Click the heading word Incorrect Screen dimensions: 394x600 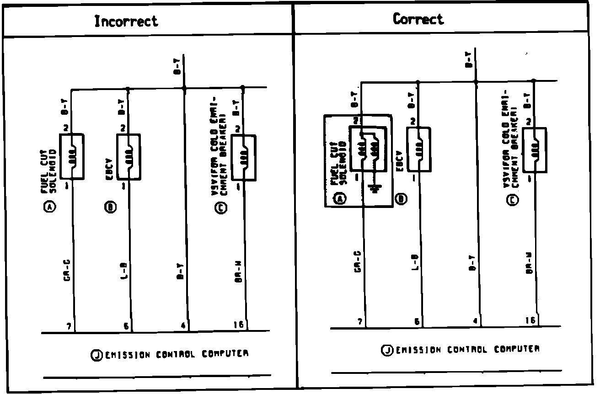point(126,21)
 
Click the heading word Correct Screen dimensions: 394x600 point(418,19)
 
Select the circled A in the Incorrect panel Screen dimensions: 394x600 point(49,208)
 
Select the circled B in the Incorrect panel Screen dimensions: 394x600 point(110,208)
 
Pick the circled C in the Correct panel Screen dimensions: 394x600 point(513,200)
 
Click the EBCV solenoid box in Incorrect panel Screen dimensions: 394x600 point(129,157)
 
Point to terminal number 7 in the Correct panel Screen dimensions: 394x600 point(360,322)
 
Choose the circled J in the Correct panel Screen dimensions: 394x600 point(386,350)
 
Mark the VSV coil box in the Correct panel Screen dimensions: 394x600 point(534,149)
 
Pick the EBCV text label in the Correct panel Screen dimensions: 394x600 point(399,160)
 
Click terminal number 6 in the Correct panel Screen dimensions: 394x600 point(417,322)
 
